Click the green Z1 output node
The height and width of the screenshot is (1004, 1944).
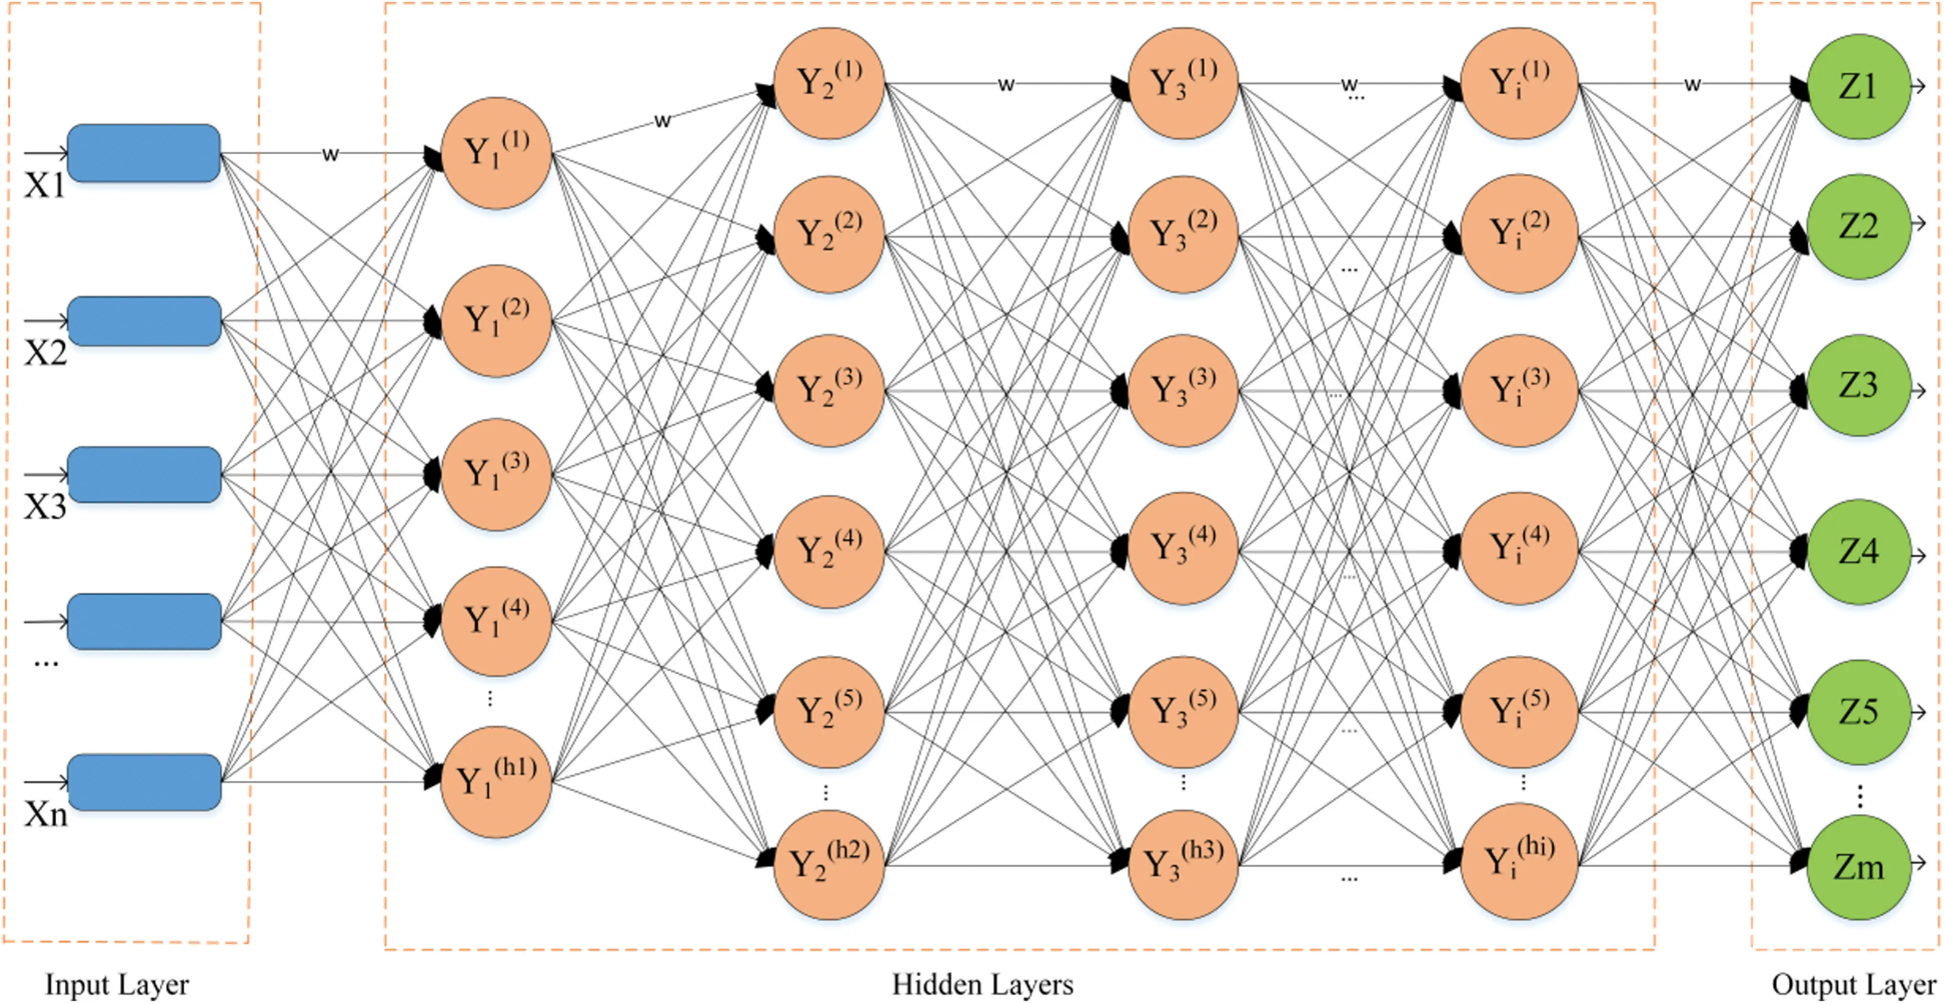(x=1858, y=86)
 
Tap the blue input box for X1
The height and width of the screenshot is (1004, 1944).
(x=144, y=153)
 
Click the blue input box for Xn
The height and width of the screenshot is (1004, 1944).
(x=144, y=782)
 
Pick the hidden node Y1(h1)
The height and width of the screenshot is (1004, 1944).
(x=496, y=781)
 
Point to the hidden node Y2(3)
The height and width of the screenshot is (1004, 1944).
(x=828, y=390)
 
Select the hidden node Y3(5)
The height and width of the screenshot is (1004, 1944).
(x=1183, y=711)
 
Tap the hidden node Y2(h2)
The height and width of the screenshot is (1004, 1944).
(x=828, y=864)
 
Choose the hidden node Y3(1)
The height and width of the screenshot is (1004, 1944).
(x=1183, y=83)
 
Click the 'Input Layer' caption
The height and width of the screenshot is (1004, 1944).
(x=117, y=984)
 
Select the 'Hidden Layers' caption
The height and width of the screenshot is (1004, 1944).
(x=983, y=984)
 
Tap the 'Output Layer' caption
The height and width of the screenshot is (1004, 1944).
(x=1853, y=984)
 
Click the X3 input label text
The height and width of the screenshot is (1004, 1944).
(x=46, y=507)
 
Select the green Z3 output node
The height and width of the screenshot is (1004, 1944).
(x=1858, y=386)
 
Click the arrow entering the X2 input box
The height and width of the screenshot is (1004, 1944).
(x=46, y=321)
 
